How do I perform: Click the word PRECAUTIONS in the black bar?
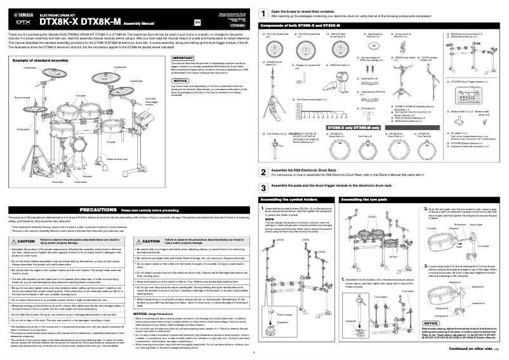click(x=95, y=209)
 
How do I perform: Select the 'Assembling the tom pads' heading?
click(x=364, y=199)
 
